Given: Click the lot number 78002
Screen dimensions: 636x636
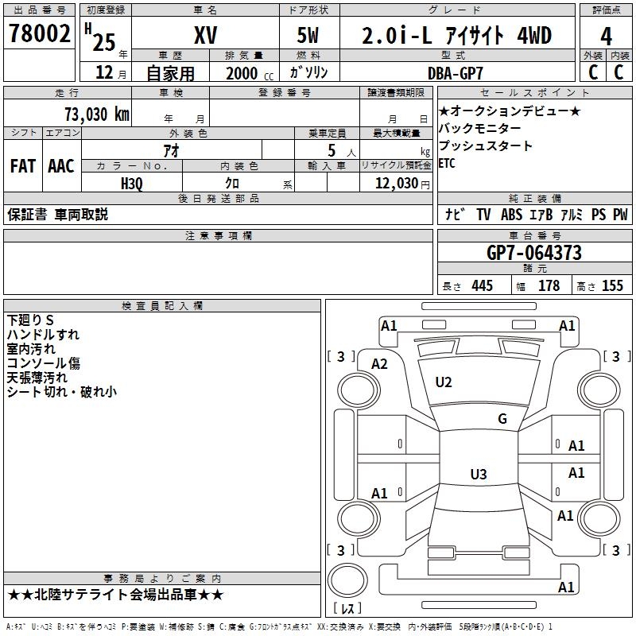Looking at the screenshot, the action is pyautogui.click(x=39, y=34).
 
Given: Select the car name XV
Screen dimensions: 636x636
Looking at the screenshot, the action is pyautogui.click(x=206, y=36).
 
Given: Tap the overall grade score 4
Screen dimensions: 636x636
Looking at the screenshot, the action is pyautogui.click(x=606, y=36).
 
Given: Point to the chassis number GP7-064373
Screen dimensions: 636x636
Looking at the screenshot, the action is pyautogui.click(x=534, y=254).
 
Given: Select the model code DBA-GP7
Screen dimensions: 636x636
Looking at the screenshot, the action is pyautogui.click(x=456, y=72).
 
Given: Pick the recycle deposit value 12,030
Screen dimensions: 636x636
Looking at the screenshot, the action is pyautogui.click(x=395, y=183).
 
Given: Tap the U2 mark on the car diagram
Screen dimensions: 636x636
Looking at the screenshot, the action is pyautogui.click(x=444, y=382).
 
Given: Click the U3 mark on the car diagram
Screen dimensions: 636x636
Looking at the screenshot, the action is pyautogui.click(x=478, y=475).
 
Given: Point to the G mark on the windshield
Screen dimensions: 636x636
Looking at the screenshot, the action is pyautogui.click(x=502, y=418).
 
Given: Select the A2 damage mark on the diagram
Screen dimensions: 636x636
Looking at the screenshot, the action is pyautogui.click(x=379, y=363).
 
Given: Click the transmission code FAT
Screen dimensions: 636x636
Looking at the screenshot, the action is pyautogui.click(x=23, y=166).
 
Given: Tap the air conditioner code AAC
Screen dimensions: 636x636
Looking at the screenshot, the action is pyautogui.click(x=60, y=166).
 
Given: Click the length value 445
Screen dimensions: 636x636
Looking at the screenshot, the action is pyautogui.click(x=481, y=286).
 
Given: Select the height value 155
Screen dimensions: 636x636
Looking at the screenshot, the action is pyautogui.click(x=612, y=286).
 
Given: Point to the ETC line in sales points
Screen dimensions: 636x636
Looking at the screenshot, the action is pyautogui.click(x=447, y=164).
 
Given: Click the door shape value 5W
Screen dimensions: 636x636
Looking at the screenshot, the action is pyautogui.click(x=308, y=36).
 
